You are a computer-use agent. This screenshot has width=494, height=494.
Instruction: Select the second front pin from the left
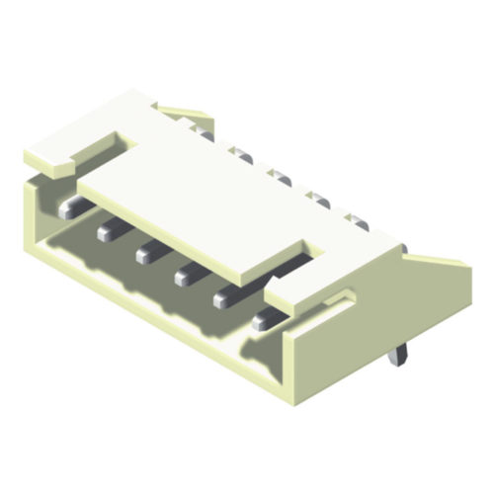pos(107,231)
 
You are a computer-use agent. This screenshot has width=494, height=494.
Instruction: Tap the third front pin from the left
pos(145,254)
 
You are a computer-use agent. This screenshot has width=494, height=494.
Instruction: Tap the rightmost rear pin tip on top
pos(359,224)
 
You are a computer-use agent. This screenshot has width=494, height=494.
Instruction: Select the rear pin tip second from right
pos(318,202)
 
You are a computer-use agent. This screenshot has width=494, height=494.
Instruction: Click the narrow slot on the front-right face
pos(341,297)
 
